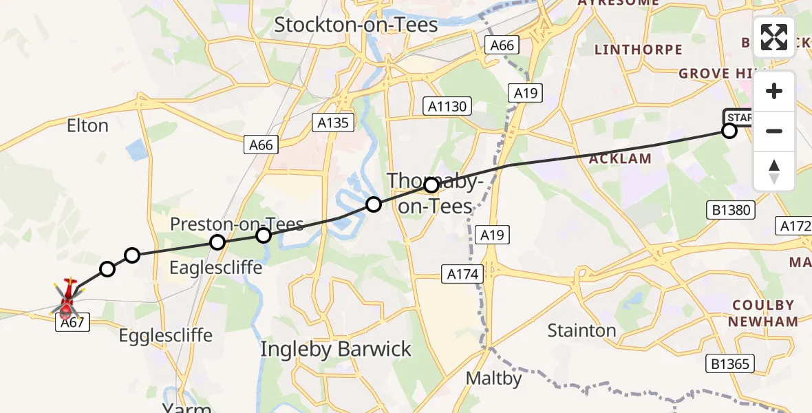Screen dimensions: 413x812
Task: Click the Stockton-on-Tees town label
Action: point(356,25)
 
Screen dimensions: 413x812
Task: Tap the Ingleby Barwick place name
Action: point(336,349)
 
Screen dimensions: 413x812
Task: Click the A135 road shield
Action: point(334,123)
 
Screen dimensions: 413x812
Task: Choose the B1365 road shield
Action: point(731,363)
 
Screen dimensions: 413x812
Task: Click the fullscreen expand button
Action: point(774,37)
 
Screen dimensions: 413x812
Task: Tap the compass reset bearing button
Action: point(774,171)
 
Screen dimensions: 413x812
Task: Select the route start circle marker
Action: point(729,131)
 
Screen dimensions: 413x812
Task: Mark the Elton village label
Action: point(87,126)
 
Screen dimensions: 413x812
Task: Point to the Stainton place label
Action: point(581,331)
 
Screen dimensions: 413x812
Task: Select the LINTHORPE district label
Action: point(638,50)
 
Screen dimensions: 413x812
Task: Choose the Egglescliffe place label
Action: point(165,336)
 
